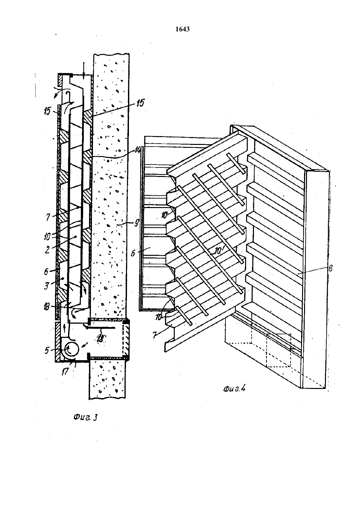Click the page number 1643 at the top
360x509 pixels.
[x=183, y=29]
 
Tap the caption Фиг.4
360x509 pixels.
[x=234, y=389]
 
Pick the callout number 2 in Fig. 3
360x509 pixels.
[x=47, y=250]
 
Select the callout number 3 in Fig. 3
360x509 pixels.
[x=46, y=286]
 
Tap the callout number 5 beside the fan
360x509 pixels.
[x=46, y=350]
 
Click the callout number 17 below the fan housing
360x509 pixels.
[x=65, y=372]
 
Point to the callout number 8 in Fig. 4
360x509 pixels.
[x=331, y=268]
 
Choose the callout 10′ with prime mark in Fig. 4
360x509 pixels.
[x=219, y=250]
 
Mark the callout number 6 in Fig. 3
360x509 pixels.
[x=46, y=271]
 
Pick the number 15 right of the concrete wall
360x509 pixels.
[x=140, y=103]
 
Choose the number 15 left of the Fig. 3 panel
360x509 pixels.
[x=47, y=111]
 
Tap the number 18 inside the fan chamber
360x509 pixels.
[x=100, y=339]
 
